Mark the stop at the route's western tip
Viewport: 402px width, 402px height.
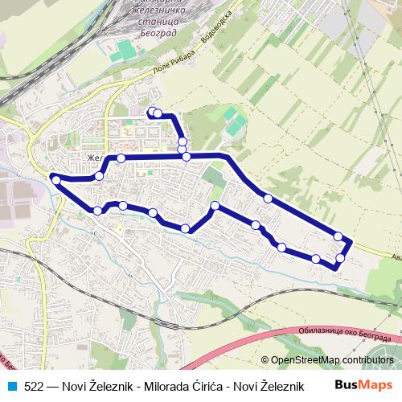55,180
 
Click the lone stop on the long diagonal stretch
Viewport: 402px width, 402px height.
268,198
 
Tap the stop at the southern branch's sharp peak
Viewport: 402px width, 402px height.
215,207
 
